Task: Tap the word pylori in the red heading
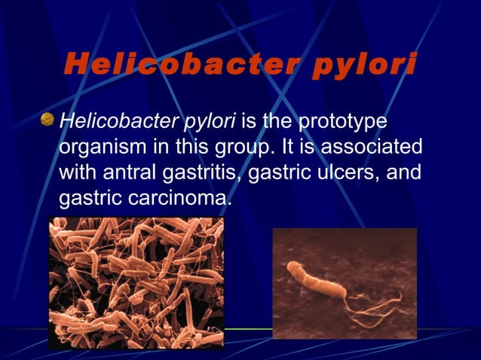[x=363, y=66]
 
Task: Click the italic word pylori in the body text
[x=207, y=121]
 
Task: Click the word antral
[x=130, y=172]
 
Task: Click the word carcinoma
[x=176, y=198]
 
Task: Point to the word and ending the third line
[x=405, y=172]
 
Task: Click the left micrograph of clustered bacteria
[x=136, y=282]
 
